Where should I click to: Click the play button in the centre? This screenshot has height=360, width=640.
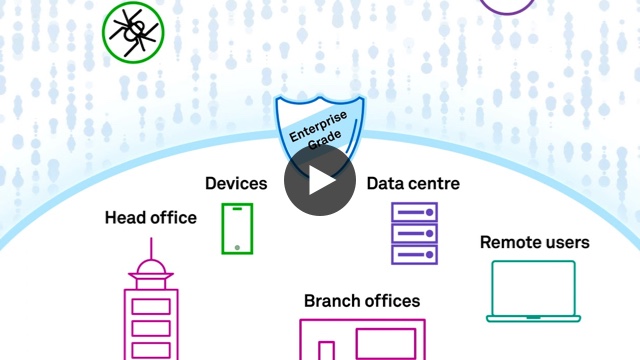(320, 180)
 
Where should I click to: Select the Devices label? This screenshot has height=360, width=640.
(236, 183)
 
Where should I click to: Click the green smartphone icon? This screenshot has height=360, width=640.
(237, 229)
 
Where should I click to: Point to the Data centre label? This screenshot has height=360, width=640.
(413, 183)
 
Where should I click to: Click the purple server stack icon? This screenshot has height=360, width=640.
(413, 233)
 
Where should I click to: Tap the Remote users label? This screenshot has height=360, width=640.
(535, 242)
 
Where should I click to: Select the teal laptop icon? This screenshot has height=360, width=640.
(534, 290)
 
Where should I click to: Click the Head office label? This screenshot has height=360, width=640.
(151, 217)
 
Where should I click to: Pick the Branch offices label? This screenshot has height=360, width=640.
(362, 301)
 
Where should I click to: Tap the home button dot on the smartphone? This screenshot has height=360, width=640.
(237, 246)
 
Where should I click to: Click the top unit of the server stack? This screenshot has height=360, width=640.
(413, 212)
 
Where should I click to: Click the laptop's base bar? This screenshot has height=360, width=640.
(534, 318)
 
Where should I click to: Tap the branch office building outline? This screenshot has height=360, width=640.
(363, 340)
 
